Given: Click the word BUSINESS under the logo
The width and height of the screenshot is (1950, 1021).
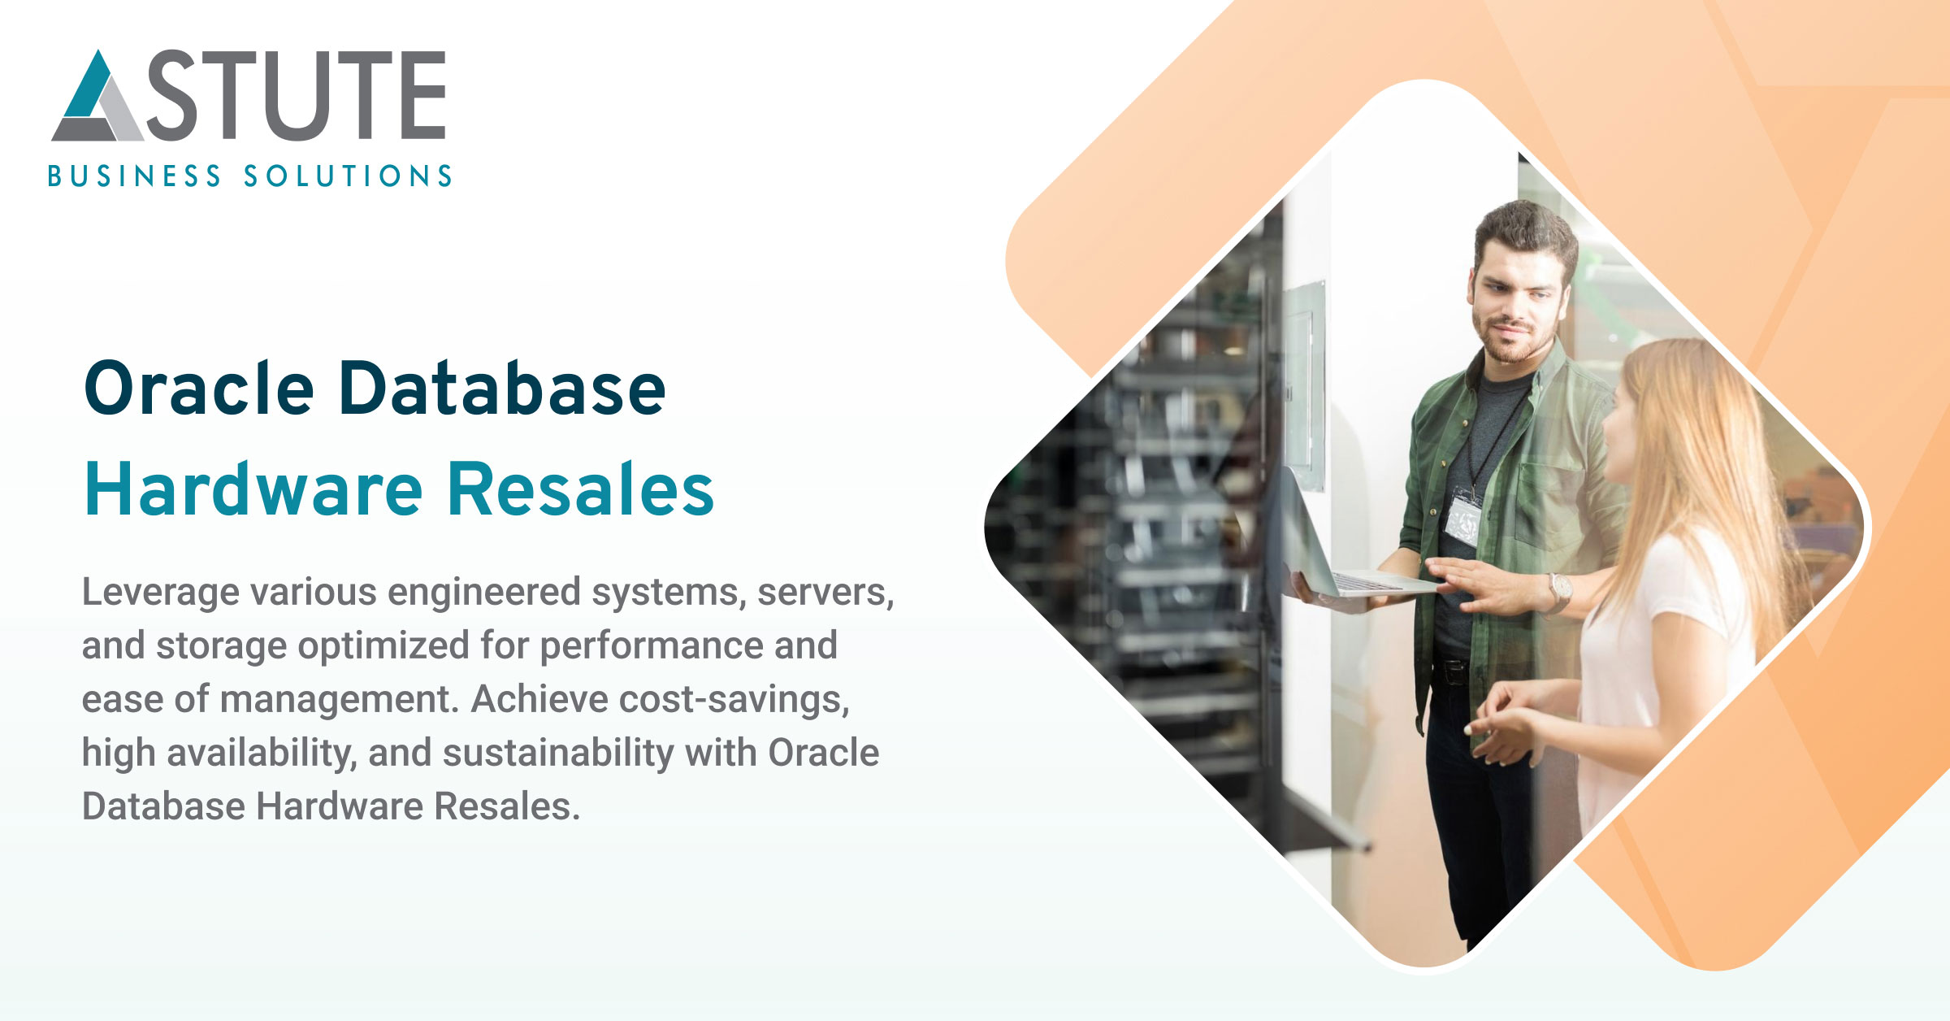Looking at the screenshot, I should [x=134, y=176].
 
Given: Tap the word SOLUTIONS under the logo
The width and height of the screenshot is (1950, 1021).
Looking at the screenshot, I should [x=348, y=176].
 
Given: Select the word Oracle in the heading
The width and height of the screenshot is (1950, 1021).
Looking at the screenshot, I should [x=199, y=389].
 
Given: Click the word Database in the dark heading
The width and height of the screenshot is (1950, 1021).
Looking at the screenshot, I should [x=501, y=389].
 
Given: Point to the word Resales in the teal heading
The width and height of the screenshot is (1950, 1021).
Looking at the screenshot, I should [x=581, y=490].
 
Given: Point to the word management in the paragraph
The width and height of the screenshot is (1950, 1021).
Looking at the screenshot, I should [x=335, y=699].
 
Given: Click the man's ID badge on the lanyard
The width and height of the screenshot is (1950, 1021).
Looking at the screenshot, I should [x=1463, y=520].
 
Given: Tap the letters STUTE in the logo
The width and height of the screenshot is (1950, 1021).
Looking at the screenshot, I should [x=297, y=95].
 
